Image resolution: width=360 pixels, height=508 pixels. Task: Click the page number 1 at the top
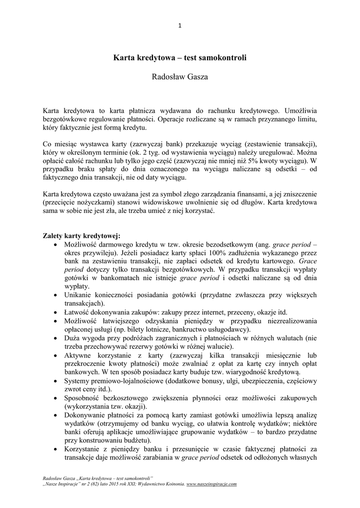(x=180, y=26)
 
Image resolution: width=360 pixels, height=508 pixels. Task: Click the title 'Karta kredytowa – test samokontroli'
(x=180, y=58)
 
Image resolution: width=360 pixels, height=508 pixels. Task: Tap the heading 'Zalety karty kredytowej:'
(x=81, y=236)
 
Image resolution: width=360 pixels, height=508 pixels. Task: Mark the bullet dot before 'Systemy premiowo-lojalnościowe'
(x=54, y=381)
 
